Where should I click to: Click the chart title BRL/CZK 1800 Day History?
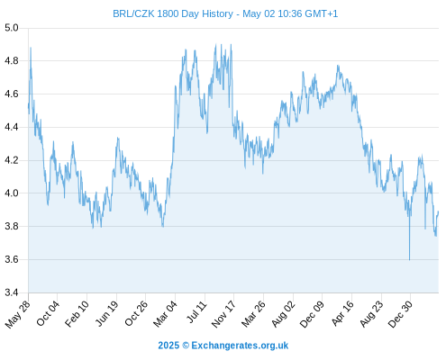[173, 13]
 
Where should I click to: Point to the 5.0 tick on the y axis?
[12, 28]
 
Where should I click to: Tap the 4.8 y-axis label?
[12, 61]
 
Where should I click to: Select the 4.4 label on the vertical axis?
[12, 128]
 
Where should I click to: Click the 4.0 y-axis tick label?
[12, 193]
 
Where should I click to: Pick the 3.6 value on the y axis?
[12, 259]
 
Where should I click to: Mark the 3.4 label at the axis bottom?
[12, 292]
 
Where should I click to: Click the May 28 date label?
[18, 314]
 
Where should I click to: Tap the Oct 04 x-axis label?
[48, 313]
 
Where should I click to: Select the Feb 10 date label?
[77, 313]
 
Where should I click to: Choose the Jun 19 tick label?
[107, 313]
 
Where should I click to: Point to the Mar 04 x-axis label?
[166, 313]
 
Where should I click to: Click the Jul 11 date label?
[197, 312]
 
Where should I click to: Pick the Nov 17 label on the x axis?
[223, 314]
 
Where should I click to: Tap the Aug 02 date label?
[283, 313]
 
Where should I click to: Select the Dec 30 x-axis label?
[400, 314]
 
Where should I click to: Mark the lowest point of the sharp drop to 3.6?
[409, 260]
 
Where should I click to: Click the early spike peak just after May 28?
[31, 48]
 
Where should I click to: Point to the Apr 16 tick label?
[342, 313]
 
